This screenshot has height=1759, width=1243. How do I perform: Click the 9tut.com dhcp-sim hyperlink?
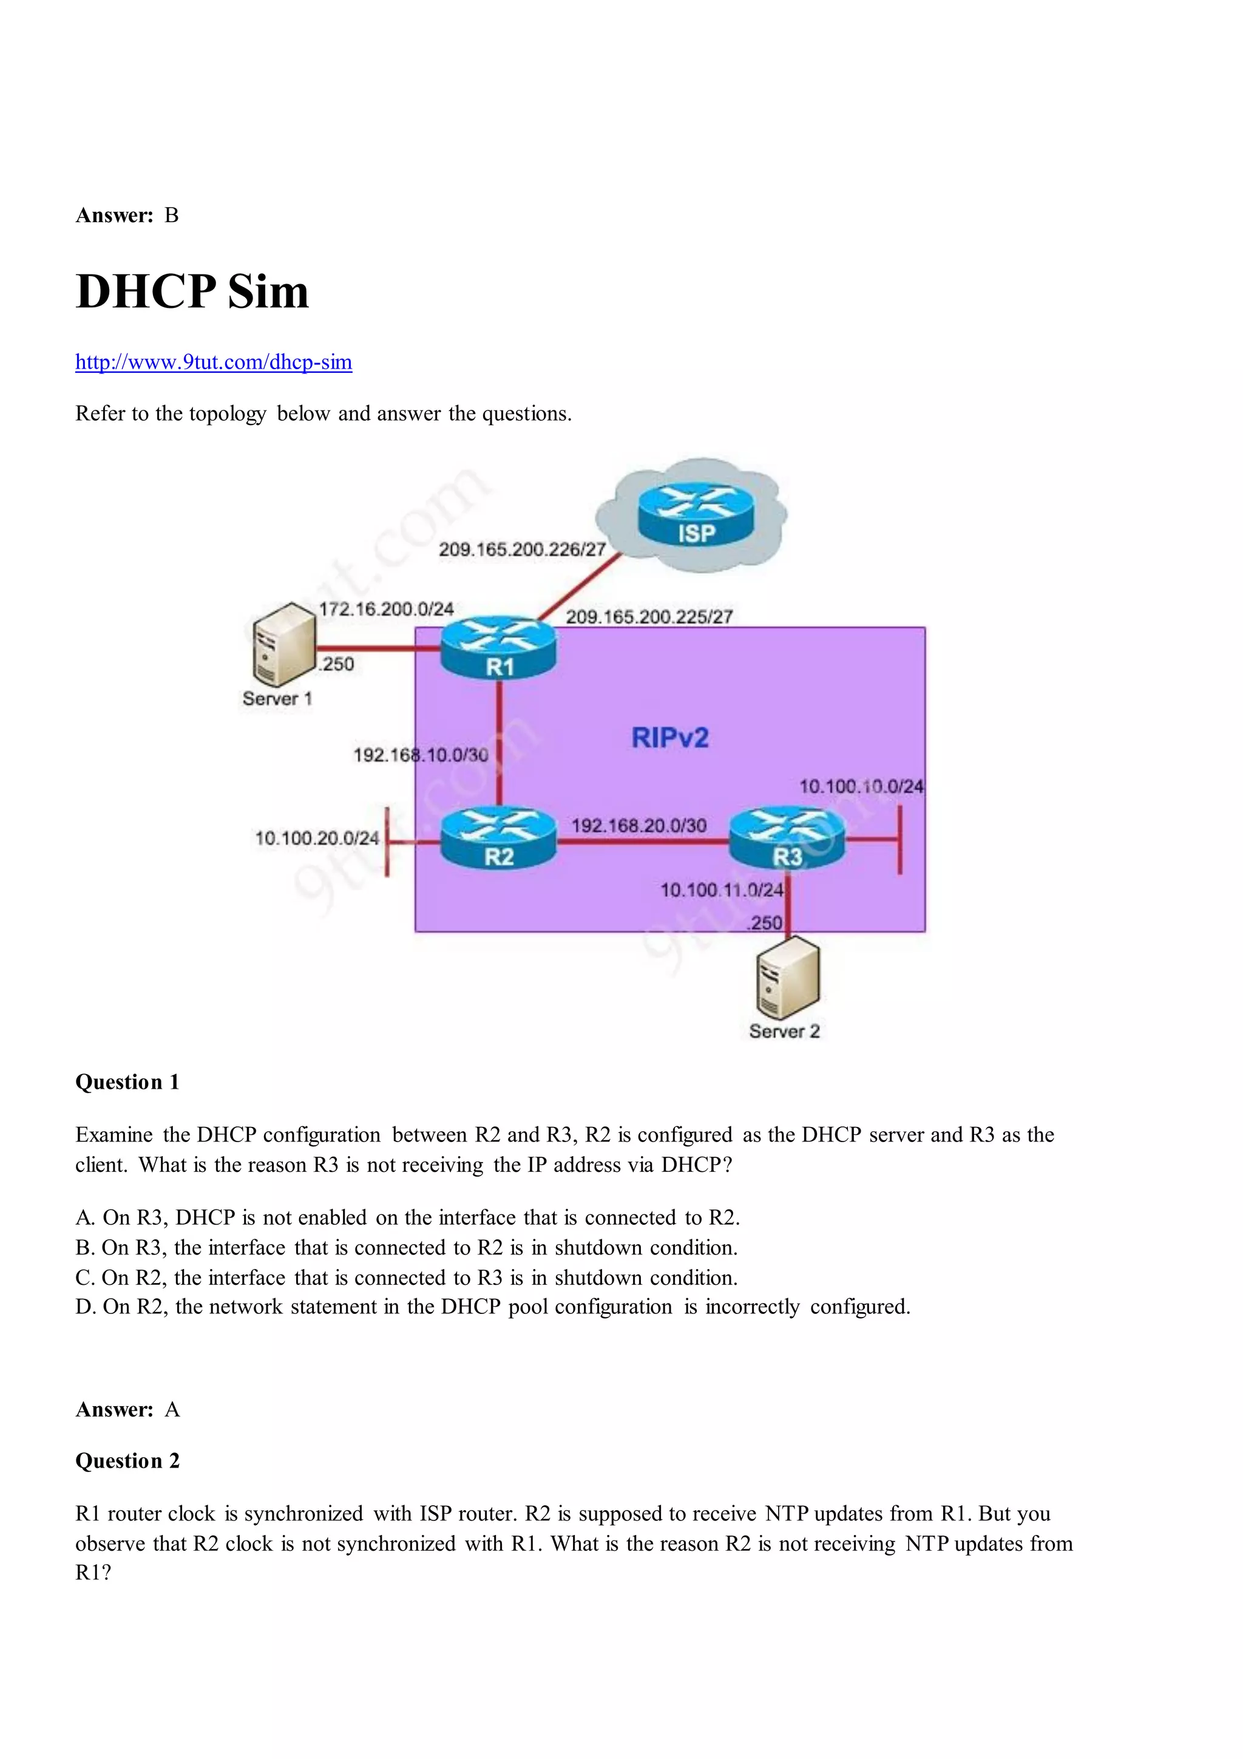pos(213,362)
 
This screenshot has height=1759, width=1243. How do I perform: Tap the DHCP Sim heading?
pos(192,292)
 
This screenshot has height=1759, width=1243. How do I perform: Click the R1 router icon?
pos(498,648)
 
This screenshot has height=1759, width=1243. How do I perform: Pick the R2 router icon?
pos(498,840)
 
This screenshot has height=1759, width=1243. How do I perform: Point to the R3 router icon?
pos(787,840)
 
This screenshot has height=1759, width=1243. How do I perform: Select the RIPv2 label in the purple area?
pos(670,738)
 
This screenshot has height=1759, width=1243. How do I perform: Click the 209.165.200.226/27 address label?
pos(523,549)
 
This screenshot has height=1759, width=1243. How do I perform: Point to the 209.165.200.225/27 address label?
pos(649,617)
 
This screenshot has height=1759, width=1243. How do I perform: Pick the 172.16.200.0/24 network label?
pos(386,609)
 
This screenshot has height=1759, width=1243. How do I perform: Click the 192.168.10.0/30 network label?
pos(421,755)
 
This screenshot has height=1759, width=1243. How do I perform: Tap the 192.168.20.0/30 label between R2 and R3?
pos(638,825)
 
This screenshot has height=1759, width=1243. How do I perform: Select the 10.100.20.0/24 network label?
pos(317,838)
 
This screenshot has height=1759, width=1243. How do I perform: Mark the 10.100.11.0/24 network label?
pos(722,890)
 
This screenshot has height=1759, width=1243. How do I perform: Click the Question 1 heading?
pos(127,1082)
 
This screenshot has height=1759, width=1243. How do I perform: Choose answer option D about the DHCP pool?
pos(492,1306)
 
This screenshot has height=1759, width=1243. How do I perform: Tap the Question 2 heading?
pos(127,1461)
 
